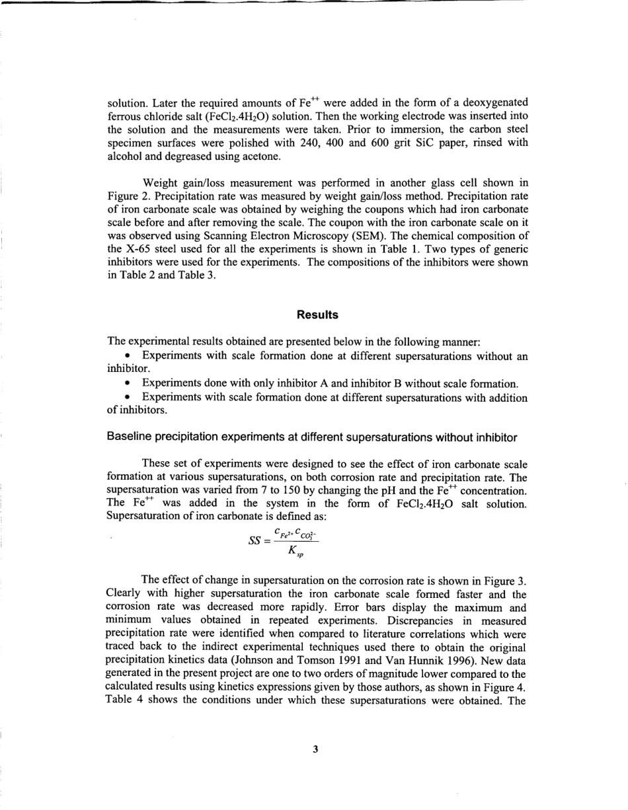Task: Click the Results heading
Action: (x=317, y=315)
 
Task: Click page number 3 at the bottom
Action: (x=315, y=749)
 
